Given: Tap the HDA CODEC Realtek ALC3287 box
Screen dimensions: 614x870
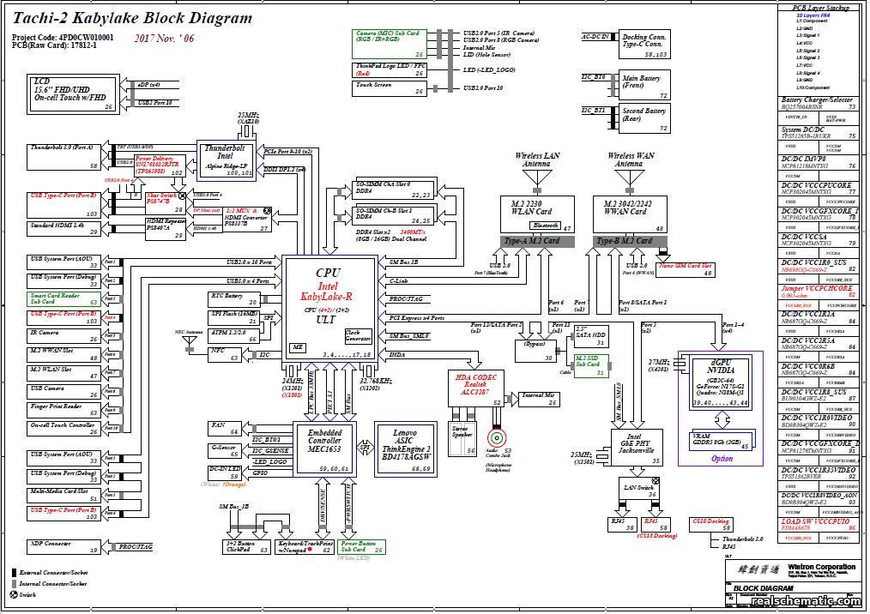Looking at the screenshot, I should pos(475,388).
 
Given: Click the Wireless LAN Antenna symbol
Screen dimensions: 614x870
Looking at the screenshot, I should pos(537,178).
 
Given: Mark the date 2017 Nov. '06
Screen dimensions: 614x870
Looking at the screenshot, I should pos(164,39).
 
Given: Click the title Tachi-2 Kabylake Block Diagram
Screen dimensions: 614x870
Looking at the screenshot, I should pos(132,18).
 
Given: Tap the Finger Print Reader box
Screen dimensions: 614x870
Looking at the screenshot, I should pos(63,406).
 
